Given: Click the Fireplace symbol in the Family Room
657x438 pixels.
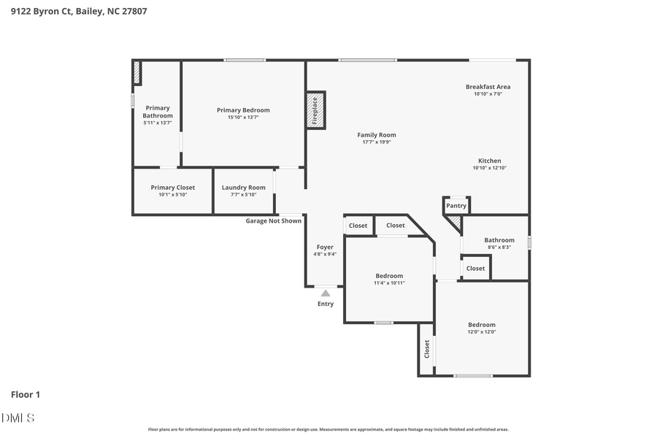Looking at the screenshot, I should click(x=315, y=111).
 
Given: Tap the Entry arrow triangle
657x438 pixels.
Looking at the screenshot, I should click(x=326, y=293).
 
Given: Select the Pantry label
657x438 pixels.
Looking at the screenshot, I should click(x=456, y=206).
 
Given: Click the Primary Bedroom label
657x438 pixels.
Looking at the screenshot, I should click(x=243, y=110).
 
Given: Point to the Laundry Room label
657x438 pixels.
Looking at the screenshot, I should click(x=244, y=188).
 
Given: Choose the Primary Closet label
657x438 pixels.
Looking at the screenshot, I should click(x=173, y=188).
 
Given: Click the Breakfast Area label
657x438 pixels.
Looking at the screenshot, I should click(x=488, y=87).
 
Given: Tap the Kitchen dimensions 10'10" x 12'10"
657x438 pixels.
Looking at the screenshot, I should click(x=489, y=168).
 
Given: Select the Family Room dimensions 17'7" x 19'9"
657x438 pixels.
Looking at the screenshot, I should click(x=377, y=142).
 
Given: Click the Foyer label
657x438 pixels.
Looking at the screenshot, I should click(x=325, y=247).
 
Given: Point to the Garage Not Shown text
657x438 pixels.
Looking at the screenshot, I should click(x=273, y=220).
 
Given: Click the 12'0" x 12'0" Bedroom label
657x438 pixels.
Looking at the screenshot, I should click(x=482, y=325).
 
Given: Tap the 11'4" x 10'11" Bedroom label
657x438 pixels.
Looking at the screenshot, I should click(x=389, y=276).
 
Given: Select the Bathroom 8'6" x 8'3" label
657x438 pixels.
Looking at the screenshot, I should click(x=499, y=240).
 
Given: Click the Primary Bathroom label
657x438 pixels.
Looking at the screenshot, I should click(x=158, y=112).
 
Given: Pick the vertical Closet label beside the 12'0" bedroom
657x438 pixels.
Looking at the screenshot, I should click(x=427, y=349).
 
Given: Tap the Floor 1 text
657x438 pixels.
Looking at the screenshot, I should click(x=26, y=394).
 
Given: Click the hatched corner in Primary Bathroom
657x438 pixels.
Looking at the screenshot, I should click(x=137, y=73).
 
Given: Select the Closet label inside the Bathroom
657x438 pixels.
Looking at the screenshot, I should click(x=475, y=268).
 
